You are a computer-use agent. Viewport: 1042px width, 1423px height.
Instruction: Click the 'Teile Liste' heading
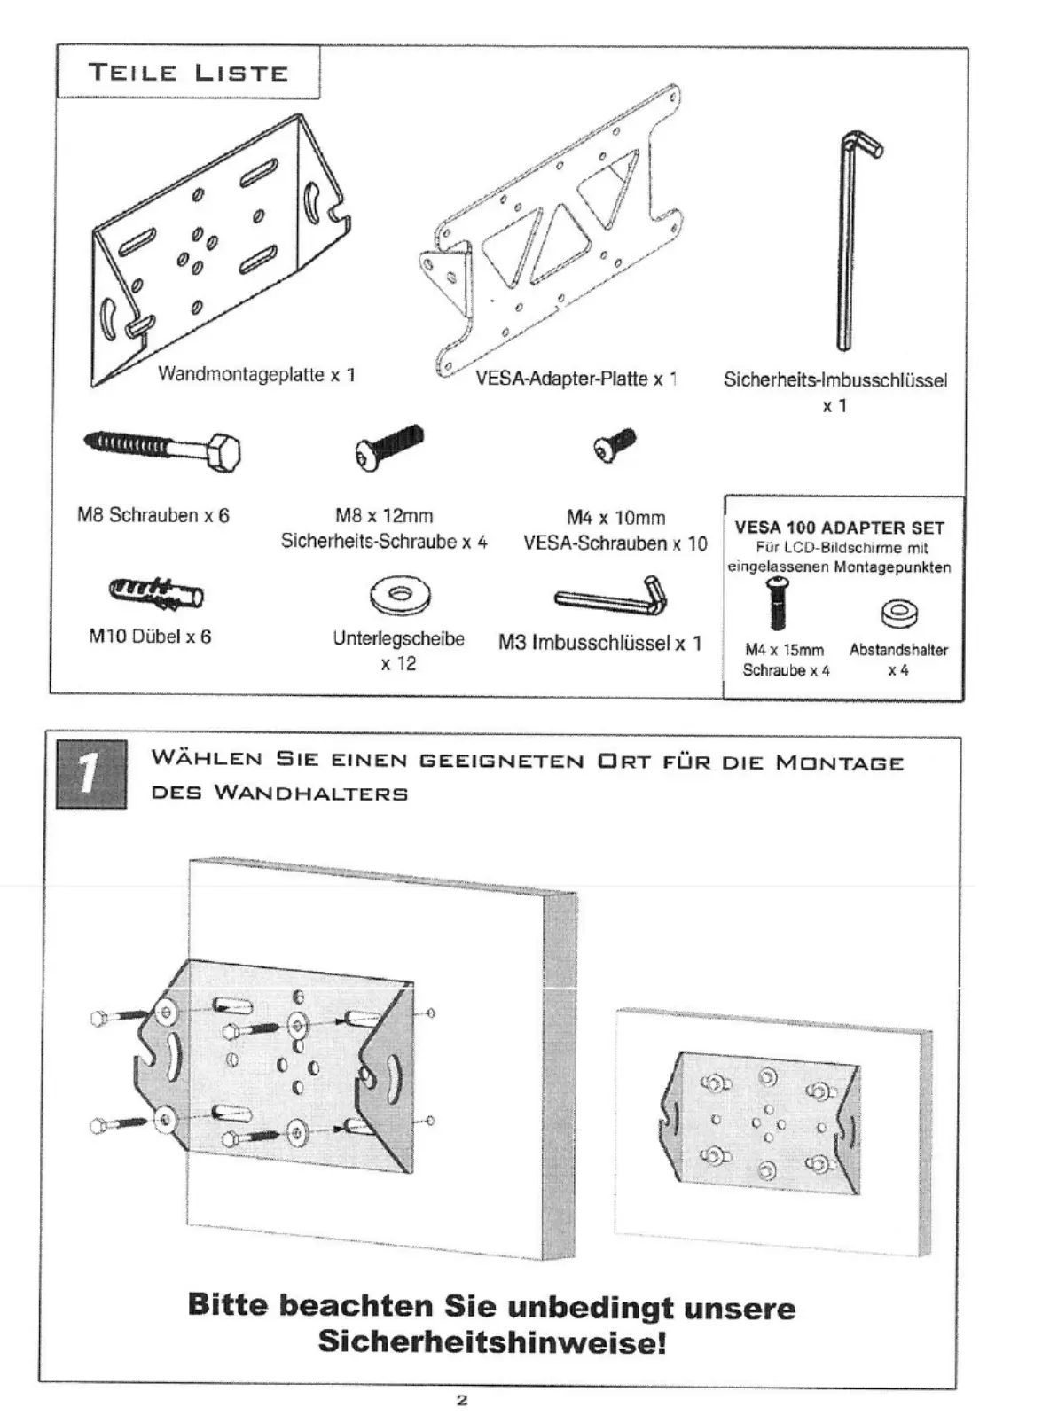(x=188, y=73)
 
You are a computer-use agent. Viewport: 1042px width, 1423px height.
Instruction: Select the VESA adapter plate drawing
(x=554, y=231)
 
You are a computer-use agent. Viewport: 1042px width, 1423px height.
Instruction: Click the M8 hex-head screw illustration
(x=165, y=449)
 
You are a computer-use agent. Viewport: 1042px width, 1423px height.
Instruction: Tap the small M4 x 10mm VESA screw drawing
(x=614, y=445)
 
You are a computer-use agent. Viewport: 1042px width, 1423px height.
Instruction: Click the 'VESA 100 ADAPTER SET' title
(x=840, y=528)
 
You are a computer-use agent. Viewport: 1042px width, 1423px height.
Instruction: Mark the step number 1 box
(x=91, y=774)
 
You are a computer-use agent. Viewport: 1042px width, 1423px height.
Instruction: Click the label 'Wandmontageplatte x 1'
(x=256, y=374)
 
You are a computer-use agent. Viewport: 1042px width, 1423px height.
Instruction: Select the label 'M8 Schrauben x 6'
(x=153, y=515)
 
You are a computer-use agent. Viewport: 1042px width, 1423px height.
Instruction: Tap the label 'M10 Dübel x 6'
(x=150, y=637)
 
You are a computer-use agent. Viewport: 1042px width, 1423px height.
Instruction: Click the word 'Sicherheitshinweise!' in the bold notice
(x=491, y=1341)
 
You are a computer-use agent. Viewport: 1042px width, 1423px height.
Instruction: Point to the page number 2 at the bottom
(x=461, y=1402)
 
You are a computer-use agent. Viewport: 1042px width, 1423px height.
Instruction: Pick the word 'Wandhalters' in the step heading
(x=310, y=793)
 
